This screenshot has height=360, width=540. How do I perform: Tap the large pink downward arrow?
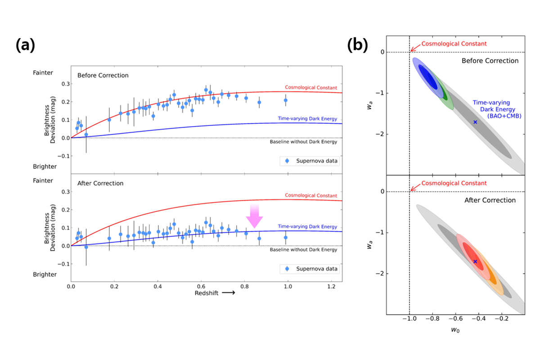(254, 216)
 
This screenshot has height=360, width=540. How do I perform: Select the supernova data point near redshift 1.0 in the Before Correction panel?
(285, 100)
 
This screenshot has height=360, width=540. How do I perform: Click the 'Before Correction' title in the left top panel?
(103, 75)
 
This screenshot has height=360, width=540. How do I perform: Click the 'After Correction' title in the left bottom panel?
(100, 183)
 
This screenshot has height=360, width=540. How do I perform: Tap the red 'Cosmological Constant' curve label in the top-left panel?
(311, 87)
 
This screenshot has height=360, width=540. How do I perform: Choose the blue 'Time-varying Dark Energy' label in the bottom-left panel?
(307, 226)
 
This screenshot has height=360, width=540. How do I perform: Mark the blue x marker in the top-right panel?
(475, 122)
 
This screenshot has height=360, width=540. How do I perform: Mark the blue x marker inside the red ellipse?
(475, 261)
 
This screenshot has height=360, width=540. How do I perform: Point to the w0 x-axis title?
(456, 330)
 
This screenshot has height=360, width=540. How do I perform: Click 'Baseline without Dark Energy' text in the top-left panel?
(303, 142)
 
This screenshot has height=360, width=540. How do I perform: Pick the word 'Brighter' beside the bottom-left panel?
(45, 274)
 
